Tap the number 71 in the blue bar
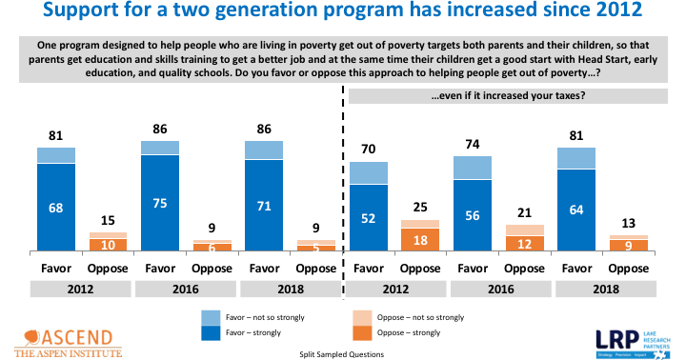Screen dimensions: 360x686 (x=263, y=205)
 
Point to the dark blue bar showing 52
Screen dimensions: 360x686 (x=368, y=218)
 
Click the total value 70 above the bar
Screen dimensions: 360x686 (x=368, y=150)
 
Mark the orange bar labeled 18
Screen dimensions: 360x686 (x=420, y=241)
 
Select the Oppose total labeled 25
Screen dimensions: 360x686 (x=420, y=209)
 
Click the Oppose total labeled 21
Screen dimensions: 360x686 (x=524, y=213)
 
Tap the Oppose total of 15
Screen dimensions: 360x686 (x=109, y=221)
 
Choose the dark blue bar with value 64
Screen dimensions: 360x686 (x=575, y=210)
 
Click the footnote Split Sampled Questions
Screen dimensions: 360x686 (x=342, y=353)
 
